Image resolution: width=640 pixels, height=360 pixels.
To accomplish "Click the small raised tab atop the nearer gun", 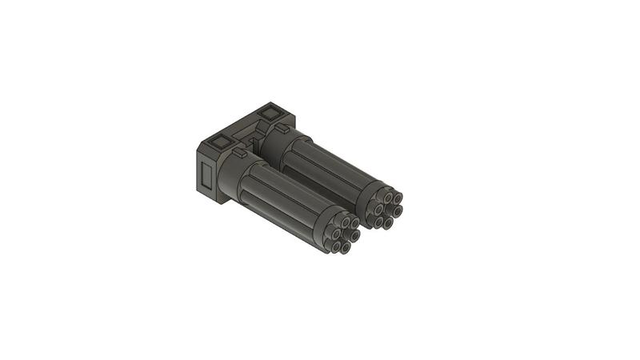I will pyautogui.click(x=239, y=150).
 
